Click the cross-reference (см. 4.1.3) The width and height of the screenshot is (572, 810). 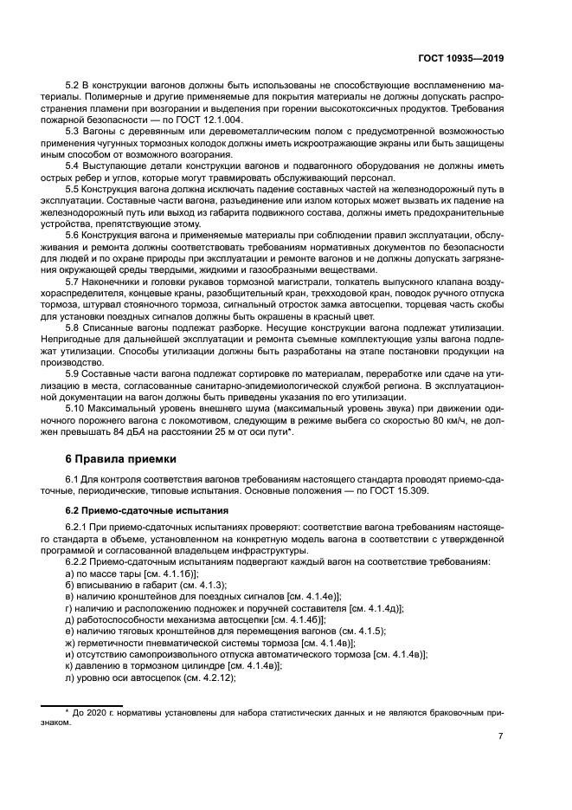(x=205, y=586)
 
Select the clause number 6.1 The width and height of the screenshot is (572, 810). (x=74, y=480)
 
